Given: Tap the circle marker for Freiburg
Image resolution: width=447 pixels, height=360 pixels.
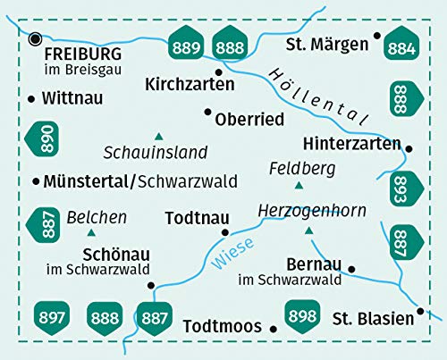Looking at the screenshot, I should point(35,38).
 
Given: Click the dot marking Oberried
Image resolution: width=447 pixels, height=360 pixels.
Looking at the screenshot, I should point(208,113).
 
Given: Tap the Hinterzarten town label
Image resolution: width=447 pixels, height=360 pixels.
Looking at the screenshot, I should point(355,142).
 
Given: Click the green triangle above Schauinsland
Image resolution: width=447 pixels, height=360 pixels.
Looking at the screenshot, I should point(159,134).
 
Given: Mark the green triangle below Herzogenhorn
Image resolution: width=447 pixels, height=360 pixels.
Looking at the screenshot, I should point(309,230).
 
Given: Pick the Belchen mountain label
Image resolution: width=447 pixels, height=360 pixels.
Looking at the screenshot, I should point(97,217).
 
